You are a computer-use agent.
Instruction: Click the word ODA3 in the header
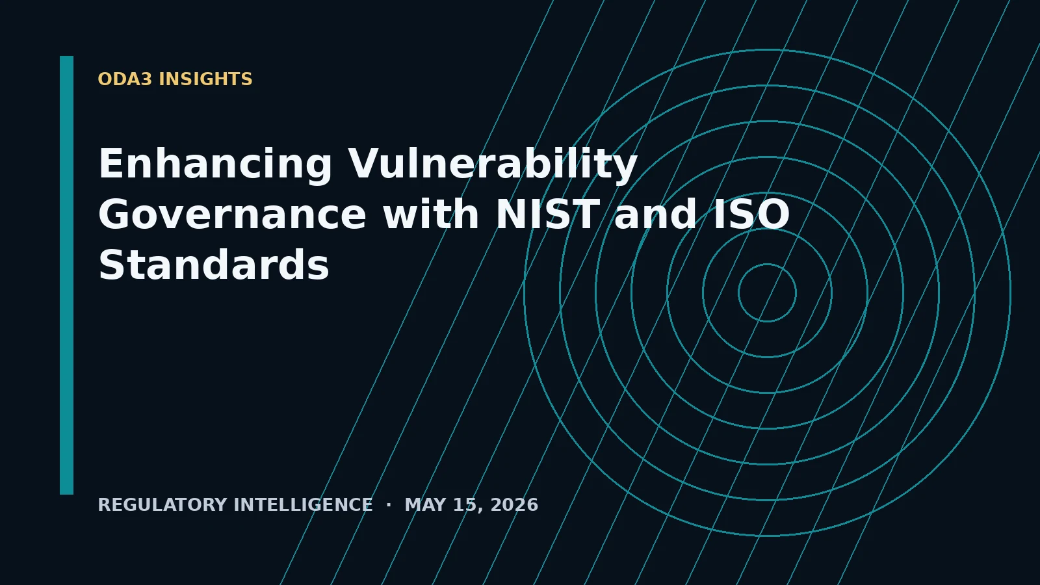click(x=125, y=79)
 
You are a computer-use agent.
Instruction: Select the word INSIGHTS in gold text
click(x=205, y=79)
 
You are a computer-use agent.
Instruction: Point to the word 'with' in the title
click(x=431, y=214)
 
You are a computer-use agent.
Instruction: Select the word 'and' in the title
click(x=656, y=214)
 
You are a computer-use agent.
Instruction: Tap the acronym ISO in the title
click(x=751, y=214)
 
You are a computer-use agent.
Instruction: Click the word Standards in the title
click(x=214, y=265)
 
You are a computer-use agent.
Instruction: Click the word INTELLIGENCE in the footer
click(x=303, y=505)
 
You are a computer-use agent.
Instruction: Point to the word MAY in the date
click(x=425, y=505)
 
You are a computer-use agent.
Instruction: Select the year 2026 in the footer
click(x=514, y=505)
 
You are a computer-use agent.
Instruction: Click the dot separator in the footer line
click(x=389, y=504)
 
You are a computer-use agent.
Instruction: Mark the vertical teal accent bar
click(x=66, y=276)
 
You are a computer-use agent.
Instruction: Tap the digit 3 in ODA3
click(x=146, y=79)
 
